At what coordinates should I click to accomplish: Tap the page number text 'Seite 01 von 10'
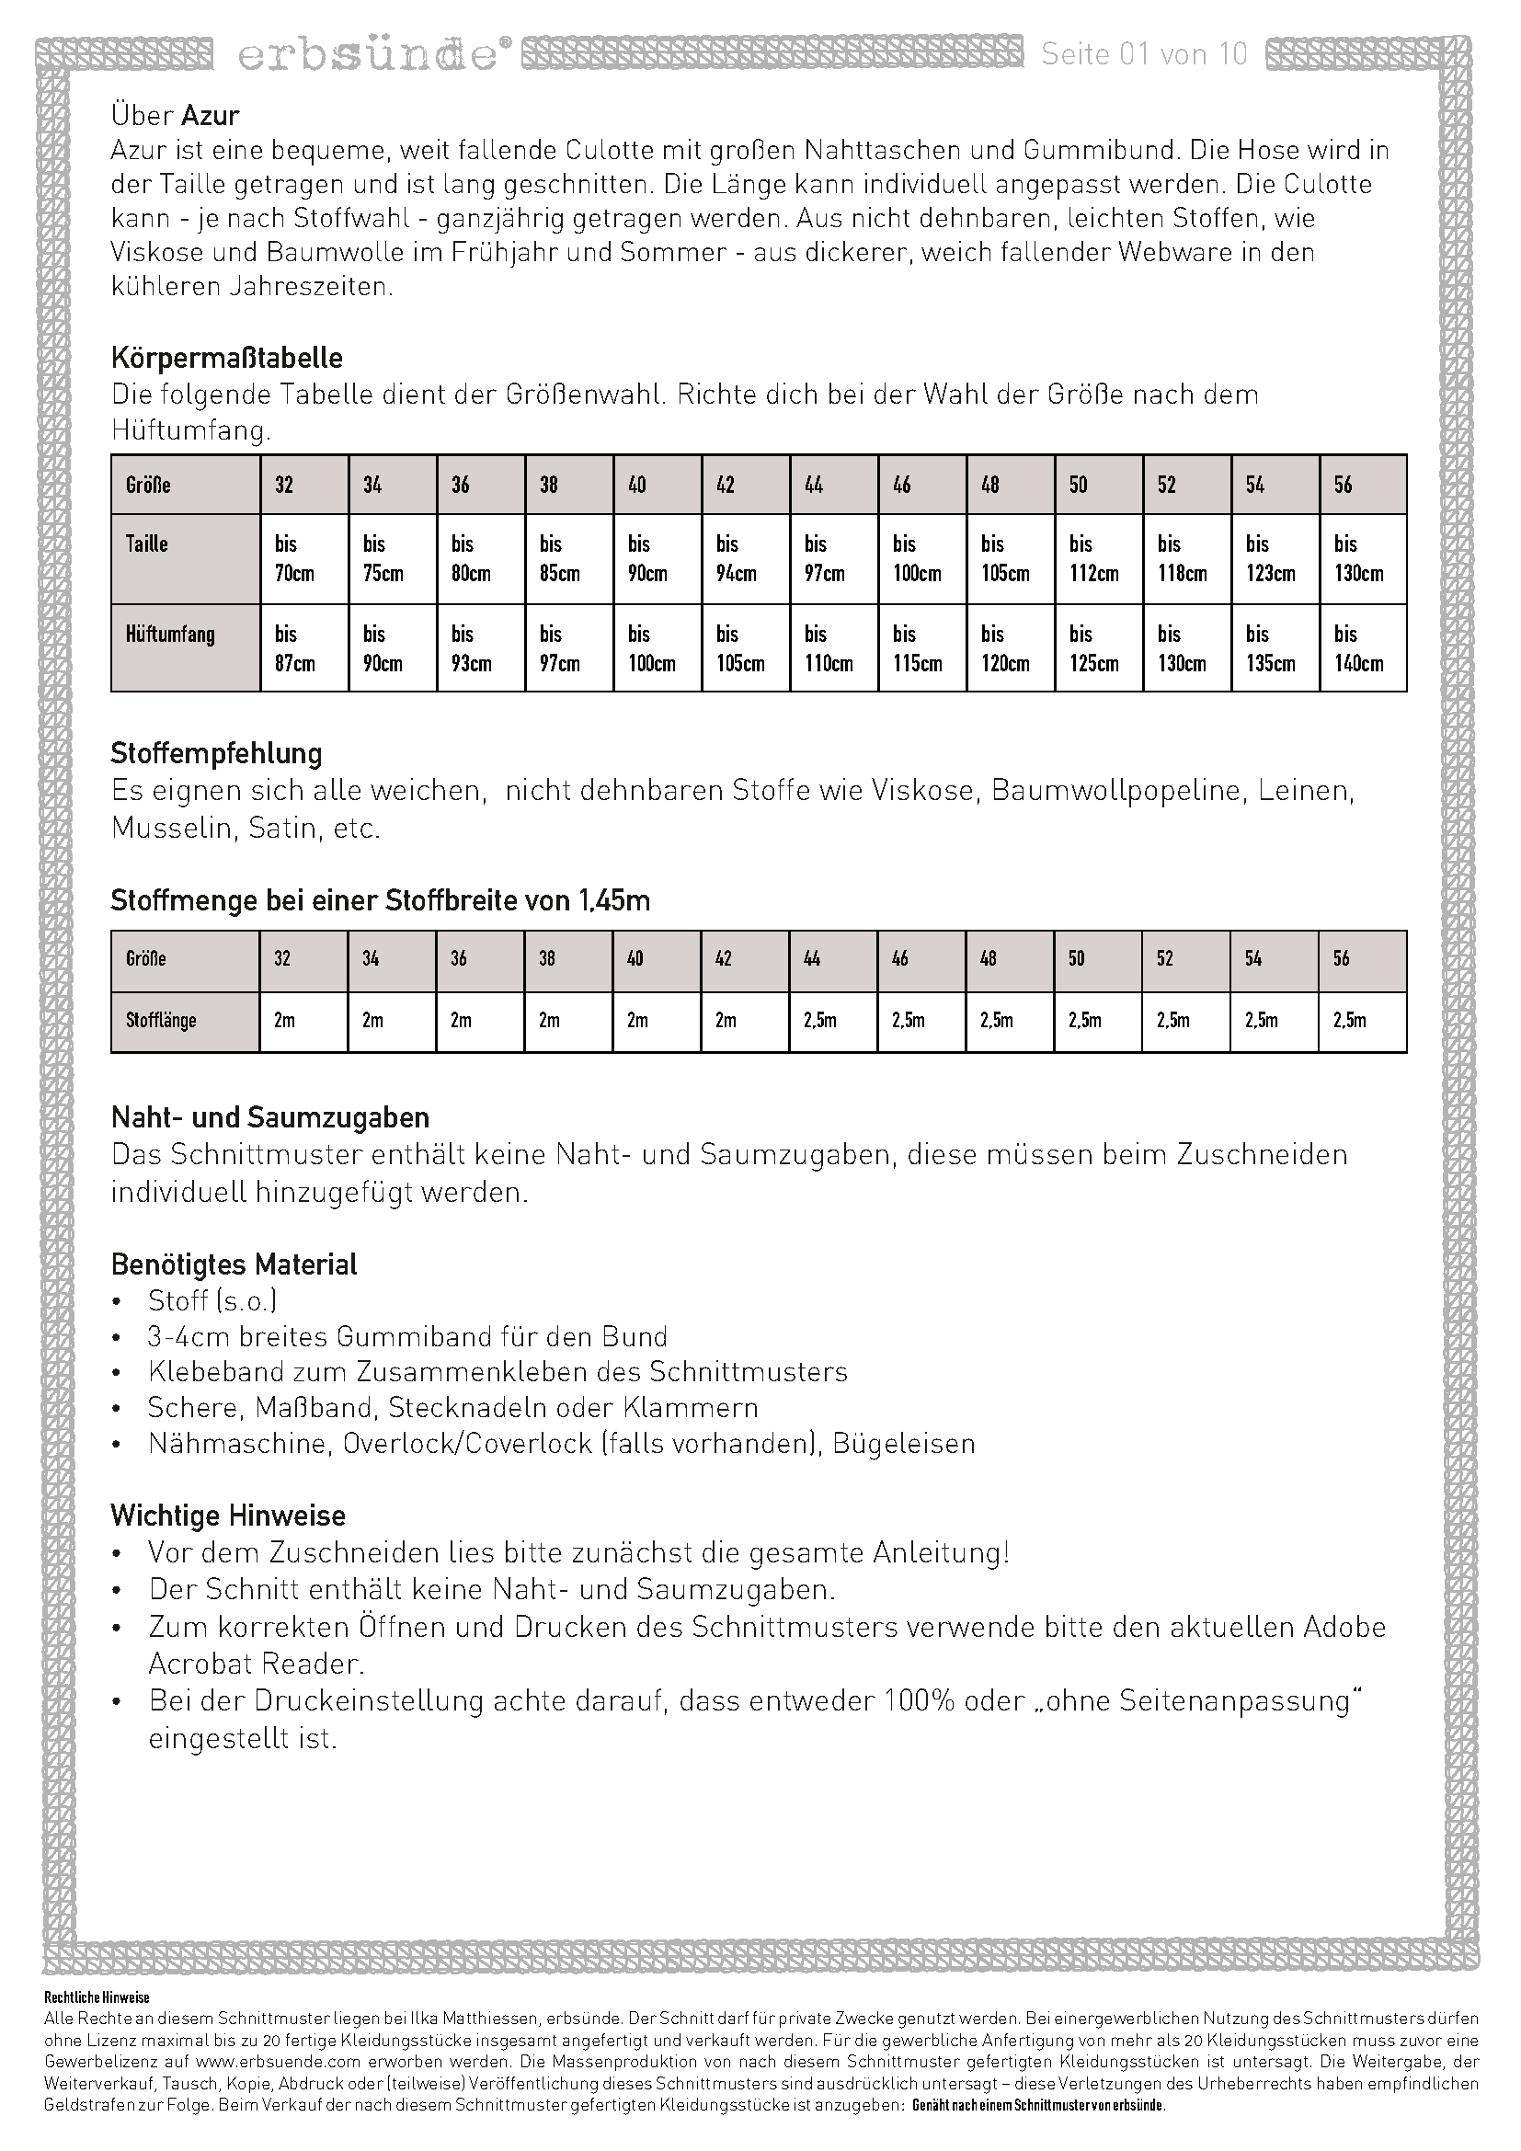(1144, 54)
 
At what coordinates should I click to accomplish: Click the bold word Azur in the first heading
(210, 115)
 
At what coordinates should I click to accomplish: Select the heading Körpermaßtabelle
(226, 358)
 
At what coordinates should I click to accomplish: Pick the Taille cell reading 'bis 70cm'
(294, 558)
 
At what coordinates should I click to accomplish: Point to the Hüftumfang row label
(170, 635)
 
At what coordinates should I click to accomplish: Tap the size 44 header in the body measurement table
(814, 485)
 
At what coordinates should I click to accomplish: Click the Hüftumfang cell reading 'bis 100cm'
(651, 648)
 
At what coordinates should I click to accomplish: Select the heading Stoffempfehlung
(216, 753)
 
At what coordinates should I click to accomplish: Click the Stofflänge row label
(161, 1020)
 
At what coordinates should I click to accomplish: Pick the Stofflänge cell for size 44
(819, 1020)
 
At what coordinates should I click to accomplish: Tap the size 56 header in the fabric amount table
(1341, 958)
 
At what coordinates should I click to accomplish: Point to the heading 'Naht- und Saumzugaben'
(269, 1117)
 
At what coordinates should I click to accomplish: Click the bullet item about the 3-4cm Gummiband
(407, 1337)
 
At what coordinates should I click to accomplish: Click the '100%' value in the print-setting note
(919, 1700)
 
